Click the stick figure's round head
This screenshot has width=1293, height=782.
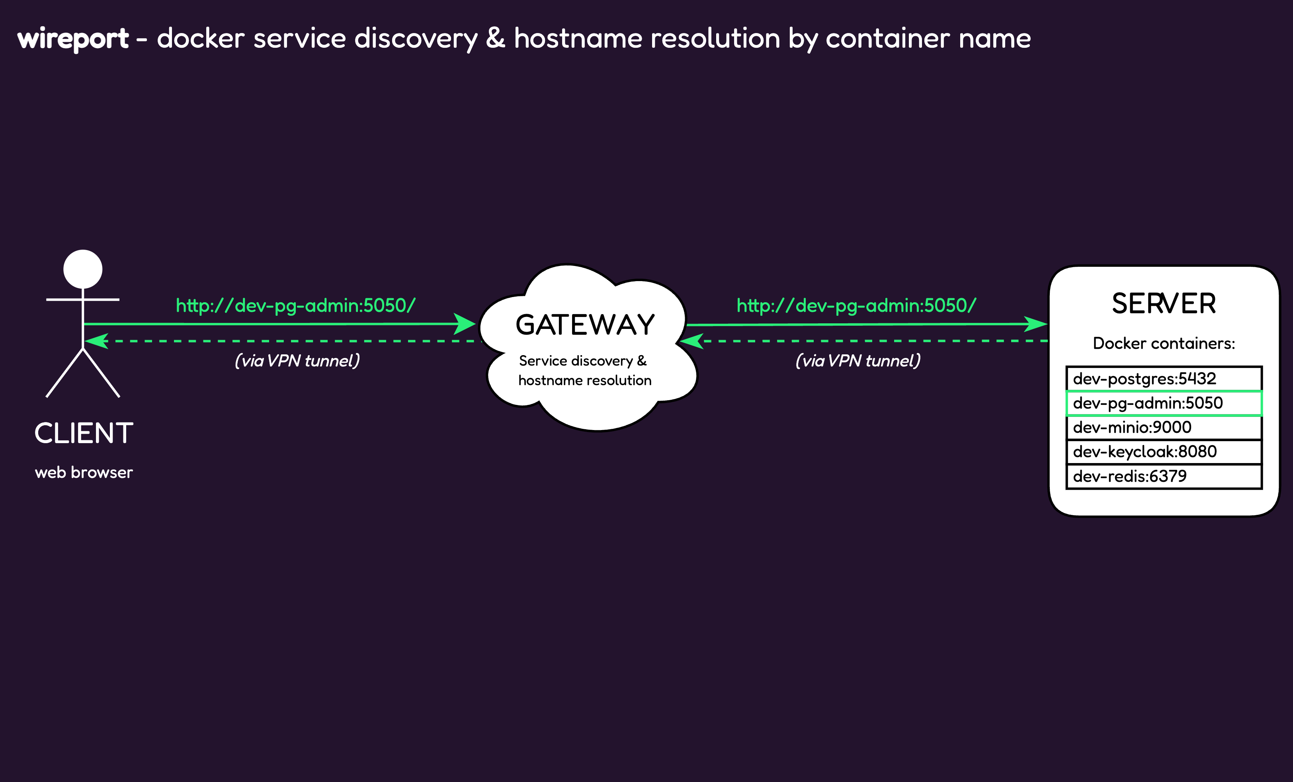pyautogui.click(x=83, y=269)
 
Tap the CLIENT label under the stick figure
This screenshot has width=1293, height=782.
pyautogui.click(x=84, y=434)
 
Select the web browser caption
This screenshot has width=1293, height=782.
pyautogui.click(x=84, y=472)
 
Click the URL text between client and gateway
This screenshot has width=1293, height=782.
pyautogui.click(x=295, y=305)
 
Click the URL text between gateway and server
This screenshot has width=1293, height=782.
pyautogui.click(x=856, y=305)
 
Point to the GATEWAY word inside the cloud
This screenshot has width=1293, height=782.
pyautogui.click(x=585, y=325)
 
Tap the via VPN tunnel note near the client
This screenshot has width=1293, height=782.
pyautogui.click(x=297, y=361)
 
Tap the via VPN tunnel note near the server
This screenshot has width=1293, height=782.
pyautogui.click(x=857, y=361)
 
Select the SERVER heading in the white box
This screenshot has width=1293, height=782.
pyautogui.click(x=1163, y=304)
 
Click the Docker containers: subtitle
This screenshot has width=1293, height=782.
pyautogui.click(x=1163, y=343)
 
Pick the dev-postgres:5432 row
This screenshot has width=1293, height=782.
pyautogui.click(x=1163, y=378)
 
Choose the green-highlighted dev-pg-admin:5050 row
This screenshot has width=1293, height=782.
pyautogui.click(x=1163, y=403)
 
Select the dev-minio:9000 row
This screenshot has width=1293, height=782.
pyautogui.click(x=1163, y=427)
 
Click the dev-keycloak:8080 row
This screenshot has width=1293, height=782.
pyautogui.click(x=1163, y=452)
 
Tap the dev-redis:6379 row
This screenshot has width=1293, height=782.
pyautogui.click(x=1163, y=476)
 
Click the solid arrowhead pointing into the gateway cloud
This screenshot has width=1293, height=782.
pyautogui.click(x=465, y=324)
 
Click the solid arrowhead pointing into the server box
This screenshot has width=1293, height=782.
pyautogui.click(x=1036, y=324)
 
